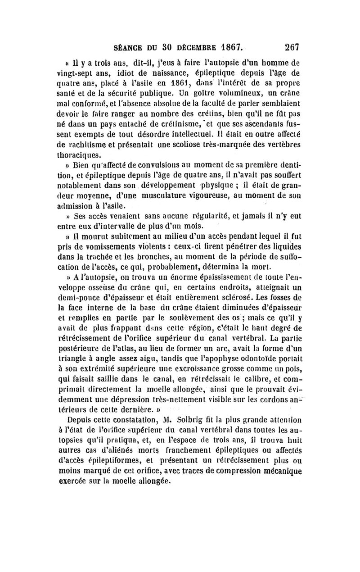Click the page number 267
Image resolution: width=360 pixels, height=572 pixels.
292,46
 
